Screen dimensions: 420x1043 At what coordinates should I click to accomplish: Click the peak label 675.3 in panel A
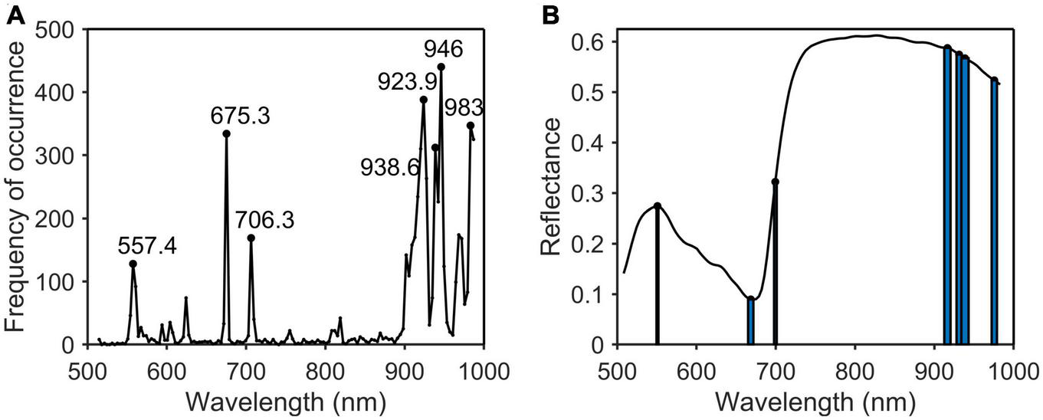(241, 117)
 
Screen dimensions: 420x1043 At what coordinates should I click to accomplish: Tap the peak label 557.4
(147, 246)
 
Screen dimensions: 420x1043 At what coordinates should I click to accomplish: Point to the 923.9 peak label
(407, 80)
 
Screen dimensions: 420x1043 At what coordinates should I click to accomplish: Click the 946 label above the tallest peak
(444, 50)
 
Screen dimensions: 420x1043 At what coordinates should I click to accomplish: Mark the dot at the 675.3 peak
(227, 133)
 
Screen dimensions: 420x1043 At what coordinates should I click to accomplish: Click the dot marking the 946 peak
(441, 67)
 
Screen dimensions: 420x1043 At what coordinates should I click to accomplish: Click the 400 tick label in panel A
(60, 93)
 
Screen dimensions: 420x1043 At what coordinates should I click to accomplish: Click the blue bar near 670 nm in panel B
(751, 322)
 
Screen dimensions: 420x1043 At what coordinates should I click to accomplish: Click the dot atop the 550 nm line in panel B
(658, 205)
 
